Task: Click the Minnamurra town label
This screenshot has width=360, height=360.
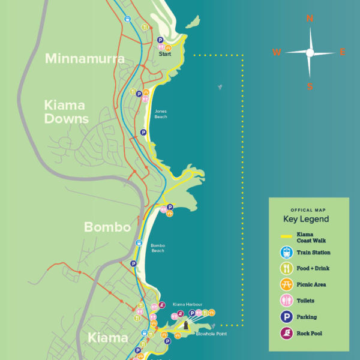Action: [x=85, y=59]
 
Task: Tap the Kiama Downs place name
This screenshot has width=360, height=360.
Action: [x=67, y=112]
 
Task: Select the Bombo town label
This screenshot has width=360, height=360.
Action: [x=107, y=227]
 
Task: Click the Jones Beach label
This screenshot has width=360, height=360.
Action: [x=161, y=113]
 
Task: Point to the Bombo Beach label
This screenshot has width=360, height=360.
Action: [x=158, y=248]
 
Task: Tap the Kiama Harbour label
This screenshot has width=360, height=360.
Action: [x=184, y=305]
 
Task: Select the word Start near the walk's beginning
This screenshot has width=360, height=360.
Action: [x=165, y=54]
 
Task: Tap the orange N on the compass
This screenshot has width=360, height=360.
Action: [x=310, y=19]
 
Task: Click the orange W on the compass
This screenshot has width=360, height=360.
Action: [x=277, y=52]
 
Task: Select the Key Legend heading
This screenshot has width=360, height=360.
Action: [x=306, y=219]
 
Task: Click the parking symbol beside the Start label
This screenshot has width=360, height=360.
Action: [x=160, y=41]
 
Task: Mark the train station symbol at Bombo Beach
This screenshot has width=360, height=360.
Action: [x=139, y=243]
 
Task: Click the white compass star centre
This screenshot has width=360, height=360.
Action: [x=310, y=53]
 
